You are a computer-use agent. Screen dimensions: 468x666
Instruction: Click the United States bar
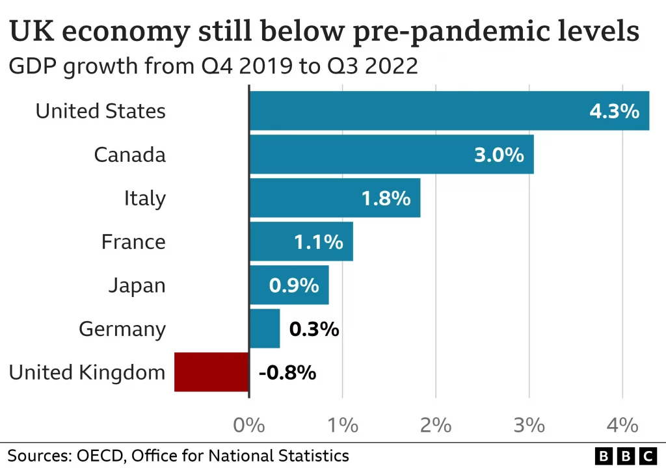pyautogui.click(x=449, y=111)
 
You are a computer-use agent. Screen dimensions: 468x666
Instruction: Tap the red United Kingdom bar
pyautogui.click(x=211, y=372)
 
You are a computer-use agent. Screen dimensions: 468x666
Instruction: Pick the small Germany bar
pyautogui.click(x=265, y=329)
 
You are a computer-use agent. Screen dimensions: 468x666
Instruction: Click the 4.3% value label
pyautogui.click(x=614, y=111)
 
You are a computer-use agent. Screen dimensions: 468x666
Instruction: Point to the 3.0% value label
pyautogui.click(x=499, y=155)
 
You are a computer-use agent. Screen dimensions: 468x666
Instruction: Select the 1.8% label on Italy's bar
pyautogui.click(x=386, y=198)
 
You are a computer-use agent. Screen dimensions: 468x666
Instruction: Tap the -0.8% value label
pyautogui.click(x=287, y=372)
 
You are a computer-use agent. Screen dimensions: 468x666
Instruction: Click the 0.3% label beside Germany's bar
pyautogui.click(x=314, y=329)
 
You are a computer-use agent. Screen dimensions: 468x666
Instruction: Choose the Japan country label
pyautogui.click(x=137, y=285)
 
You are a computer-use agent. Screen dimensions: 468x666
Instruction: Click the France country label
pyautogui.click(x=133, y=242)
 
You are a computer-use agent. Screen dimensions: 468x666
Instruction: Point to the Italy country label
pyautogui.click(x=145, y=198)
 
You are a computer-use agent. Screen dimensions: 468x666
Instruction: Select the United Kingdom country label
pyautogui.click(x=87, y=372)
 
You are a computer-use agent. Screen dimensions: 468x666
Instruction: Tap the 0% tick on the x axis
pyautogui.click(x=249, y=426)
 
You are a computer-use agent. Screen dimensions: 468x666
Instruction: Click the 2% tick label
pyautogui.click(x=436, y=426)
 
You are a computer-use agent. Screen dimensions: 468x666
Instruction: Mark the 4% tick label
pyautogui.click(x=622, y=426)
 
